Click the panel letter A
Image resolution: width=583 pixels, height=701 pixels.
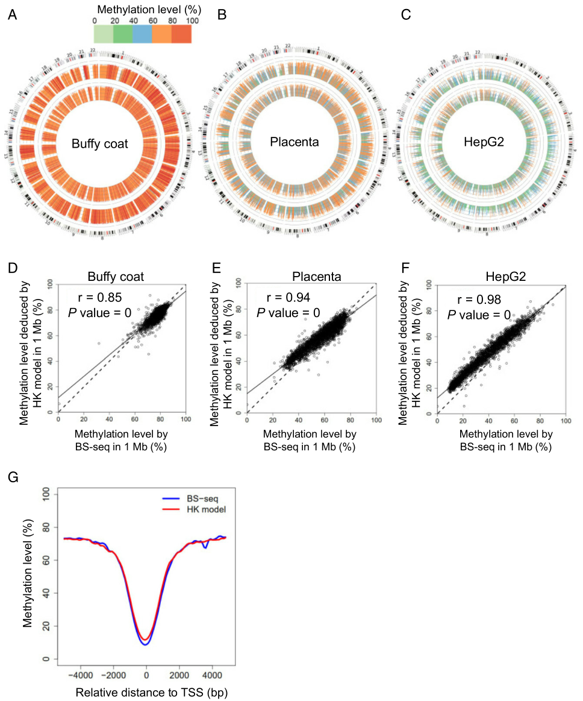11,14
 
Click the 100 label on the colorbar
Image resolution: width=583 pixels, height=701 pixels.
192,21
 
